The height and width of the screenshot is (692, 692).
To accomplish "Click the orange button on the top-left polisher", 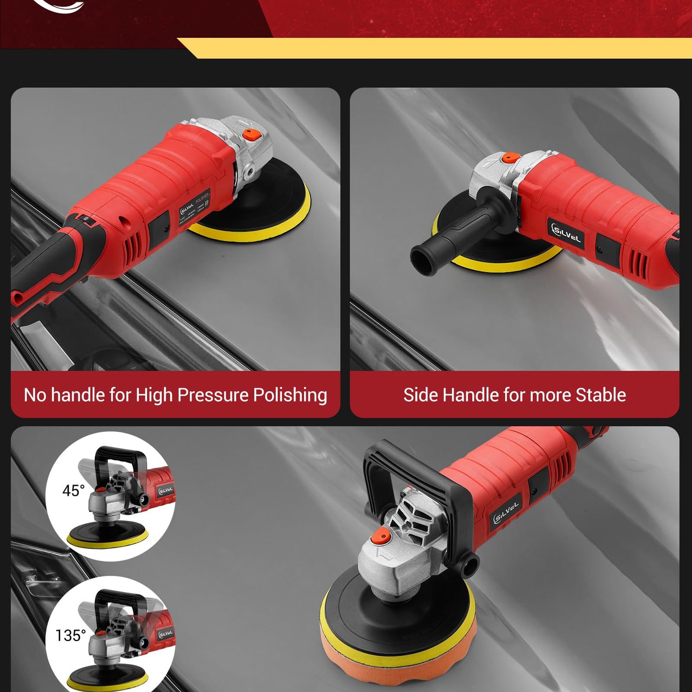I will tap(251, 135).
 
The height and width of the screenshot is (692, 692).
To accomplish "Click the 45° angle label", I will tap(73, 490).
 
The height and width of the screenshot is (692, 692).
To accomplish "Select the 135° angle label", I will tap(71, 635).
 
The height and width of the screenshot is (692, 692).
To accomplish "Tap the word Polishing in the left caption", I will tap(290, 395).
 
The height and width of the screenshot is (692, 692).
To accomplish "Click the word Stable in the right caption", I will tap(601, 395).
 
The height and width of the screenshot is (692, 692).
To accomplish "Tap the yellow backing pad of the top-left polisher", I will tap(258, 231).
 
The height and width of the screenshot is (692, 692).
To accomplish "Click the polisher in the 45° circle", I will tap(120, 498).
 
